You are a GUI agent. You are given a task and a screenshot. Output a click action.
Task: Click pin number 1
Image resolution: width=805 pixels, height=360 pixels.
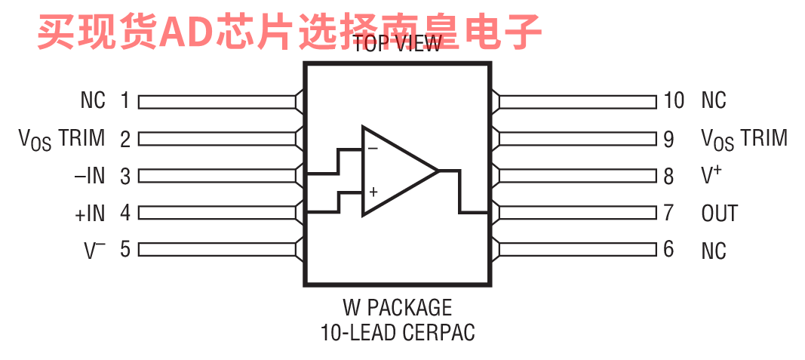click(125, 100)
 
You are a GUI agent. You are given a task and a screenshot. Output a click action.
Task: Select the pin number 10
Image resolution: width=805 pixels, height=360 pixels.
click(674, 100)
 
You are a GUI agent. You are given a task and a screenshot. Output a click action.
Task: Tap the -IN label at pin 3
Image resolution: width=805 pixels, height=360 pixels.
click(90, 177)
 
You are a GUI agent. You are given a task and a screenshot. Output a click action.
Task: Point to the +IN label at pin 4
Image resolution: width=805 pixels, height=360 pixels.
click(90, 214)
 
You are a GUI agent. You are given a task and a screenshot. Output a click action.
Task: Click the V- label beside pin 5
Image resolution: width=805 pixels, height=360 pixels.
click(94, 251)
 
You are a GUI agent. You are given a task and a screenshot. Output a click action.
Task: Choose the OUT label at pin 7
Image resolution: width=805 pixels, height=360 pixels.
click(719, 214)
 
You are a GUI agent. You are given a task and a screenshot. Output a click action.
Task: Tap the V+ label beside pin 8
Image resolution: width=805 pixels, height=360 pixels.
click(711, 176)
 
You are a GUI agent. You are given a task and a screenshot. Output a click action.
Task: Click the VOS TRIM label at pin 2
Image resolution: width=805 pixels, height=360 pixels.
click(62, 139)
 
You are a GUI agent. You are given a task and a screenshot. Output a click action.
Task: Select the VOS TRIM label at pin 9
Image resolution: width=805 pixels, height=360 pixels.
click(744, 139)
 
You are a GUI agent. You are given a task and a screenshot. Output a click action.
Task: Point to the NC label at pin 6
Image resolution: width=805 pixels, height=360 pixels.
click(714, 250)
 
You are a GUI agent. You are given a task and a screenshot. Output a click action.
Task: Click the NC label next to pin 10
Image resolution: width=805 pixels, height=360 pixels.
click(714, 100)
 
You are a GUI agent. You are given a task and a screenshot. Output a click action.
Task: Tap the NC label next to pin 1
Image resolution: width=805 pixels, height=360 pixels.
click(93, 100)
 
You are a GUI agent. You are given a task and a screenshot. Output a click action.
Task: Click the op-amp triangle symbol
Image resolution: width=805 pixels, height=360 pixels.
click(396, 171)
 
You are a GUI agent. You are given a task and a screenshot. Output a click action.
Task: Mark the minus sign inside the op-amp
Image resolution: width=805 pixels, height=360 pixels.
click(373, 149)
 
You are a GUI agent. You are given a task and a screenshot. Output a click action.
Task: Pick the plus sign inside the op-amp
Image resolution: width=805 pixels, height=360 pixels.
click(373, 192)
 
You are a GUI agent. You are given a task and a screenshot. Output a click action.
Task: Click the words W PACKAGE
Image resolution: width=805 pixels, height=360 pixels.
click(398, 308)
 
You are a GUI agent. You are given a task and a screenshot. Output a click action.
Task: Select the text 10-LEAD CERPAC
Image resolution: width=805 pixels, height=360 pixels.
click(398, 332)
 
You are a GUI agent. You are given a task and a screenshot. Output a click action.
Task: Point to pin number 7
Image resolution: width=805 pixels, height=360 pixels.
click(668, 213)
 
